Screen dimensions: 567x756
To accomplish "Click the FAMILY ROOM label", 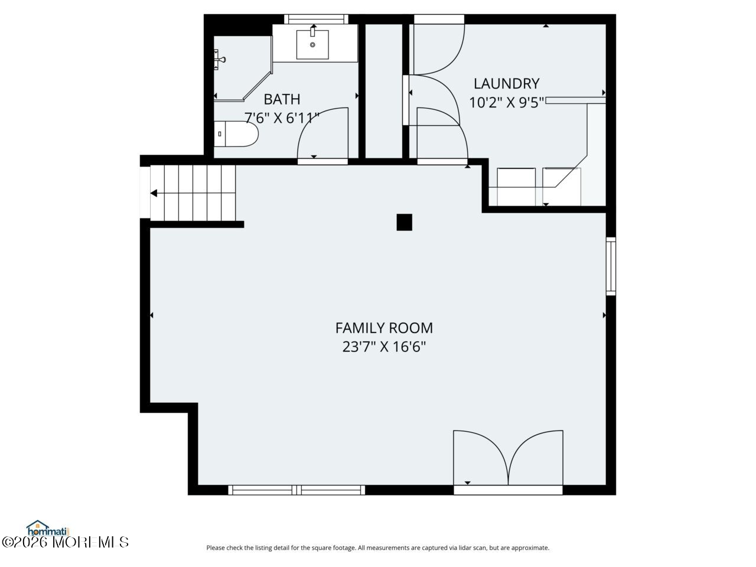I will coord(384,328).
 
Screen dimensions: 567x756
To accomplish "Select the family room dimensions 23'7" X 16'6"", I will coord(384,347).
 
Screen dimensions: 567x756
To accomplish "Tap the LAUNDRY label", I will coord(506,84).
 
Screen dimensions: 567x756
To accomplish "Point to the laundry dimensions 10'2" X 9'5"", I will coord(506,103).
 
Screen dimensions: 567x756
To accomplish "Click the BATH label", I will coord(282,99).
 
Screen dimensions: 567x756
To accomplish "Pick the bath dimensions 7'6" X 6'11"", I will coord(282,118).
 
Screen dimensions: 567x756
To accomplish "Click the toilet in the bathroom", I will coord(236,134).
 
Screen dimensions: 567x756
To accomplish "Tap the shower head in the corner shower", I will coord(219,58).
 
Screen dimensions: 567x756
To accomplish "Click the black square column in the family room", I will coord(404,222).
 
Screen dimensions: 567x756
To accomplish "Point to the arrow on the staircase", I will coord(154,193).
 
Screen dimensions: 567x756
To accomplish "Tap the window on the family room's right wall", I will coord(611,266).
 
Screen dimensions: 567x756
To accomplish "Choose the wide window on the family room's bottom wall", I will coord(296,490).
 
